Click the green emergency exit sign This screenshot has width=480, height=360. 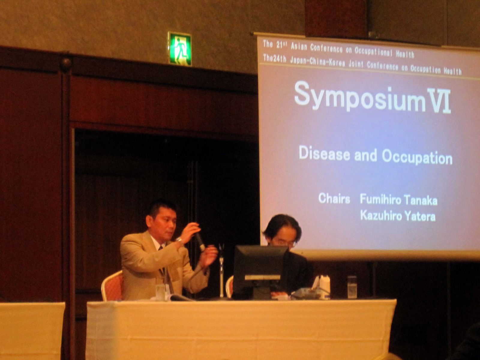point(180,49)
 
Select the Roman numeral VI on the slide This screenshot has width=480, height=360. point(439,100)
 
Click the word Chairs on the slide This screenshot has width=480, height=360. point(334,198)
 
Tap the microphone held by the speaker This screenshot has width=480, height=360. point(200,241)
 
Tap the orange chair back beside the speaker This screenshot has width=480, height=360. point(112,286)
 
